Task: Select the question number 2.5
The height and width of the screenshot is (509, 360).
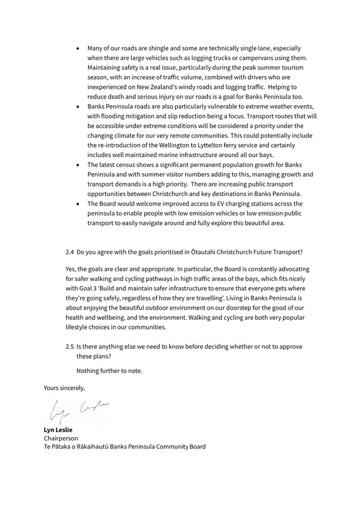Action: pyautogui.click(x=70, y=346)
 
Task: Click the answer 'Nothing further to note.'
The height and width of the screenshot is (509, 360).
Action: pyautogui.click(x=109, y=370)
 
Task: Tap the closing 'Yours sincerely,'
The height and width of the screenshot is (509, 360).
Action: pyautogui.click(x=64, y=387)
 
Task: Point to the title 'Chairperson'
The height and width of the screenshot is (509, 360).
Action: pyautogui.click(x=61, y=438)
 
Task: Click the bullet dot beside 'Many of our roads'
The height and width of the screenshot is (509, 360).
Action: pyautogui.click(x=78, y=48)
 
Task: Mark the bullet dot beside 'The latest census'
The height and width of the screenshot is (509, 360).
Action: pyautogui.click(x=78, y=165)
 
